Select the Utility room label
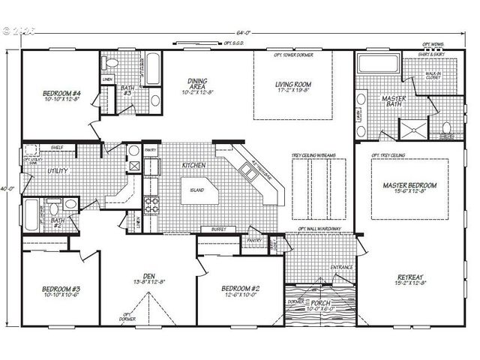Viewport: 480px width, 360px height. pos(58,170)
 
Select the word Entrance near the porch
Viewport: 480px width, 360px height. pos(341,268)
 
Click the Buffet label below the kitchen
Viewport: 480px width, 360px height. pos(219,229)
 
